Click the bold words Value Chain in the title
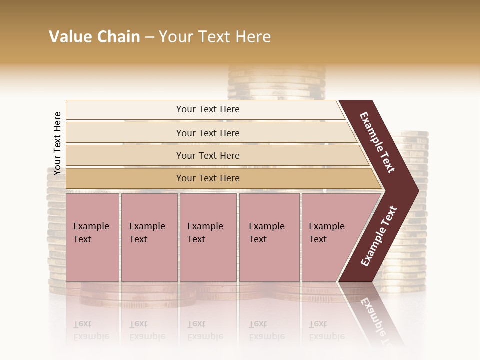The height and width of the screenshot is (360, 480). pyautogui.click(x=94, y=37)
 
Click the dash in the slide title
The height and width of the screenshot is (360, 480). pyautogui.click(x=149, y=37)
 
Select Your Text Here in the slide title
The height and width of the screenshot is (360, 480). pyautogui.click(x=215, y=37)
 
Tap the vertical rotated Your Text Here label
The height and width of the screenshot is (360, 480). pyautogui.click(x=57, y=143)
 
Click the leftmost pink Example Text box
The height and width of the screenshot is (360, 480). pyautogui.click(x=92, y=237)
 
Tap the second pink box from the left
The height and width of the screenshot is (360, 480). pyautogui.click(x=149, y=237)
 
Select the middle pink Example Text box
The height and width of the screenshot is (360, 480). pyautogui.click(x=207, y=237)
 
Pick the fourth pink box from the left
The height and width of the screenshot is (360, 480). pyautogui.click(x=269, y=237)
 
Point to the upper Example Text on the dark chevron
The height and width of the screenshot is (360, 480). pyautogui.click(x=378, y=143)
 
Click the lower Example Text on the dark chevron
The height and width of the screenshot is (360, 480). pyautogui.click(x=379, y=236)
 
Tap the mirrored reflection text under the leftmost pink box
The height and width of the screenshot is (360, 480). pyautogui.click(x=91, y=330)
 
